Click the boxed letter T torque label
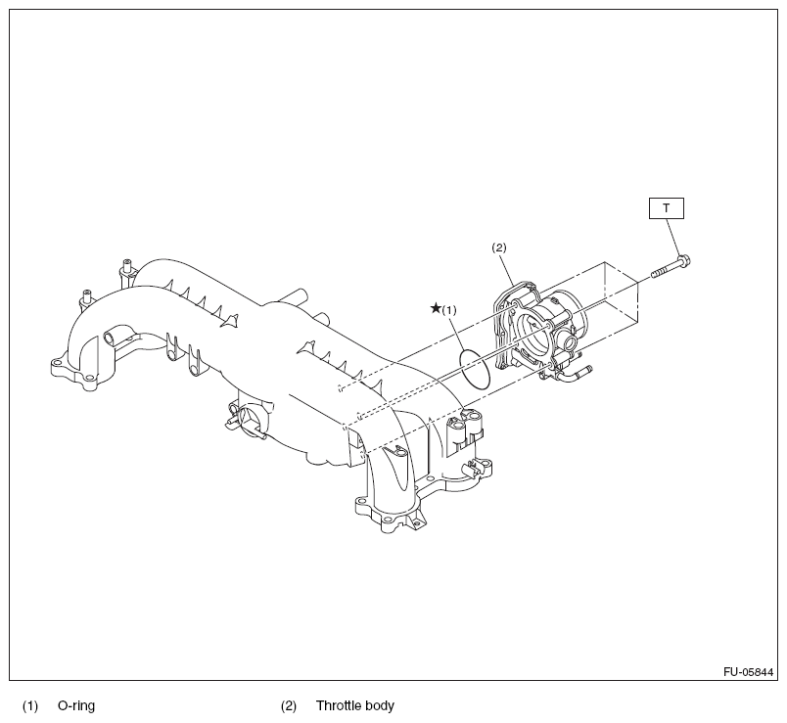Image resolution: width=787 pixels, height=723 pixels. point(666,207)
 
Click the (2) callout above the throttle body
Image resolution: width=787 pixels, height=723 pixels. point(498,248)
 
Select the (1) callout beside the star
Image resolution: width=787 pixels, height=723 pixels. point(450,309)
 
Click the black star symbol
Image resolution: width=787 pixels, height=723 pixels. point(436,308)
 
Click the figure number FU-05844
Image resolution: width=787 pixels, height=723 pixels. point(749,672)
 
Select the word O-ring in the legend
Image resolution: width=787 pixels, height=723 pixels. point(76,704)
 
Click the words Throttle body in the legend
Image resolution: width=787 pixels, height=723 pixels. point(354,704)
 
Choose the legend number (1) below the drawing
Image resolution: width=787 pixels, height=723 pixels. point(30,704)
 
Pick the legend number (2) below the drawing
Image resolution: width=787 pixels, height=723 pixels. point(288,704)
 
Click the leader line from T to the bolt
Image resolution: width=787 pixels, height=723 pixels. point(674,236)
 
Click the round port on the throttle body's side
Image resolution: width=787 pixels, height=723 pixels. point(567,342)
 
